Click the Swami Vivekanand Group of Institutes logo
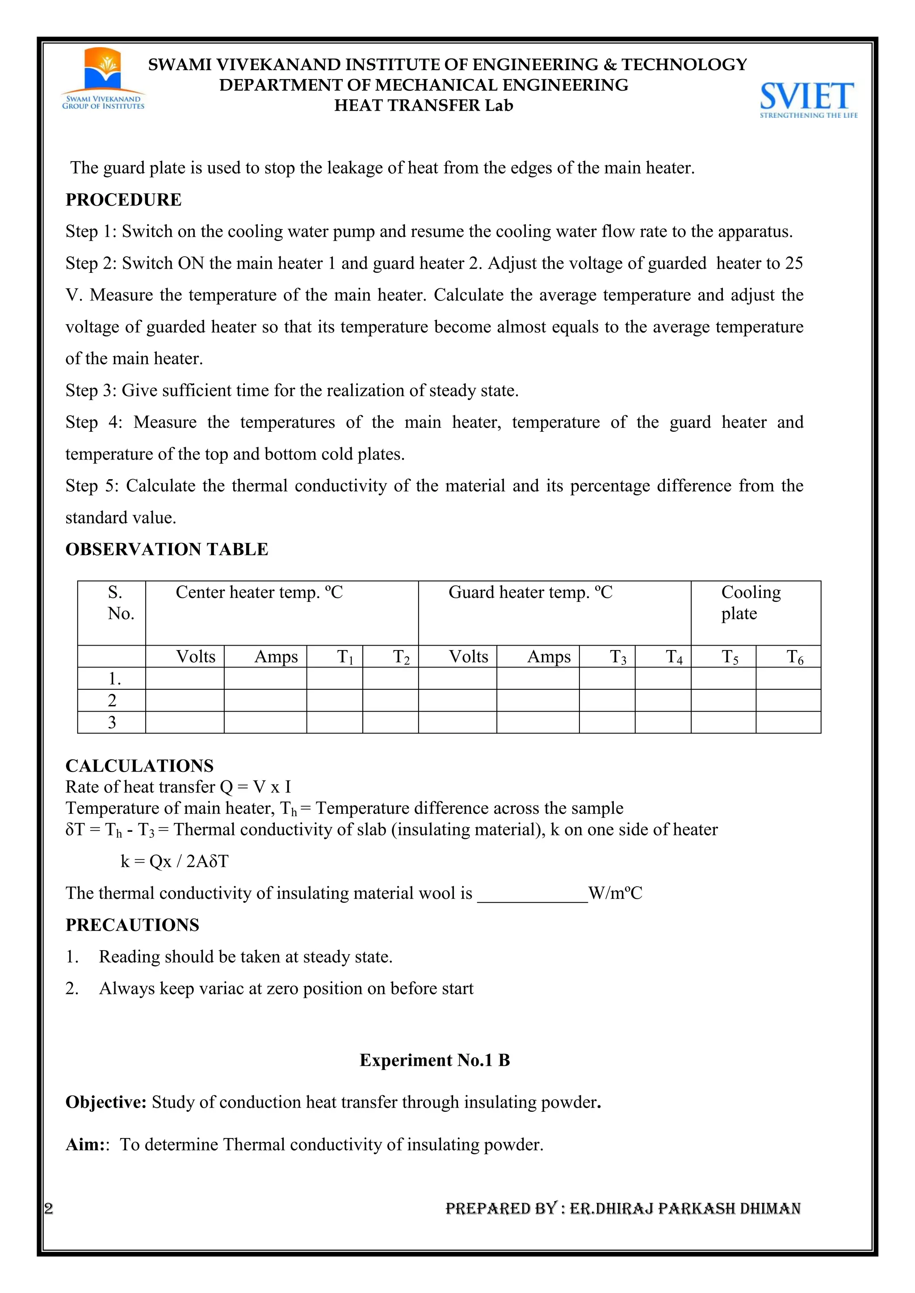[103, 79]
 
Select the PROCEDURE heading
[123, 200]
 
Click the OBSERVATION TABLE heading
[167, 549]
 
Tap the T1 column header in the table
[345, 657]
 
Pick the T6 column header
[794, 657]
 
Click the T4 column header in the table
[674, 657]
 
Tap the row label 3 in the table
[112, 722]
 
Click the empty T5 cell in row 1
[723, 679]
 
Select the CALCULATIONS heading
[140, 766]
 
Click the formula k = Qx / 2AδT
[175, 861]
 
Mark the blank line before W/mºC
[533, 894]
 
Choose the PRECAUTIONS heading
[132, 925]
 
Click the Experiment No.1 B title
[434, 1060]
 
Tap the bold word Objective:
[106, 1101]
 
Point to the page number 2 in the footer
[49, 1208]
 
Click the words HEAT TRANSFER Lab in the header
[424, 105]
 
